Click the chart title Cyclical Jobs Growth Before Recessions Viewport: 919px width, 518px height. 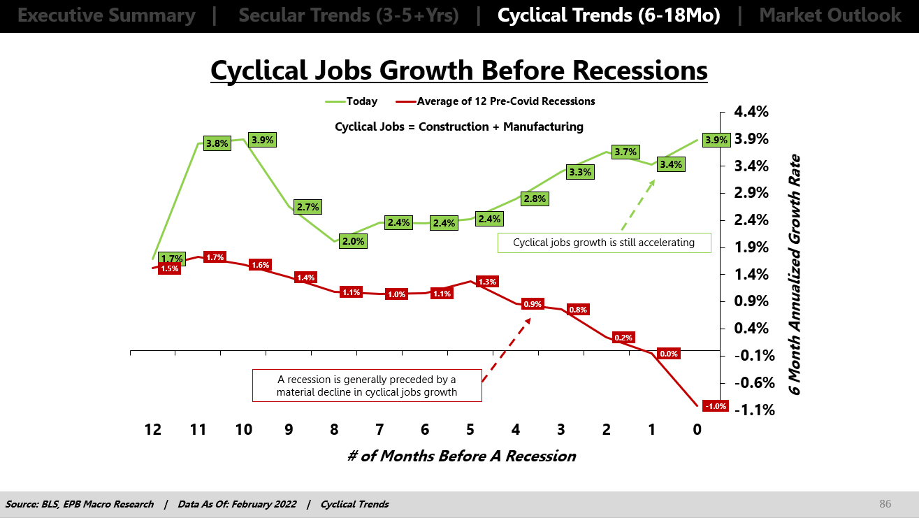(x=458, y=70)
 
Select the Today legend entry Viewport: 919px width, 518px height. (x=352, y=101)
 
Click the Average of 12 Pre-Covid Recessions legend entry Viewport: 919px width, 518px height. (x=495, y=101)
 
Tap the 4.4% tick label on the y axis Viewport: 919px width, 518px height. (x=751, y=112)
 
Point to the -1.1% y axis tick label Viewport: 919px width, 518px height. (x=754, y=410)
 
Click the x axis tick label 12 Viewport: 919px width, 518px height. (x=152, y=430)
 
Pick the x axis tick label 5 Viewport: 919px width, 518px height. (x=470, y=430)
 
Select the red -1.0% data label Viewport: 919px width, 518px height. (x=716, y=406)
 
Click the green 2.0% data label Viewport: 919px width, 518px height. (x=353, y=241)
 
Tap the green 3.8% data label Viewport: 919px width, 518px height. (x=217, y=144)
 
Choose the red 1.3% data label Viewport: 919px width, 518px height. (x=487, y=282)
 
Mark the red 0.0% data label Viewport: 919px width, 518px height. (x=669, y=354)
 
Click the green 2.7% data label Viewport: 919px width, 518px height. (x=307, y=207)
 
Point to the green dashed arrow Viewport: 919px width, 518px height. (x=638, y=205)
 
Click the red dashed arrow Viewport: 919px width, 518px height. (x=507, y=350)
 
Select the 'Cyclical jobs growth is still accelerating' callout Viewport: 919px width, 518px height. (x=605, y=243)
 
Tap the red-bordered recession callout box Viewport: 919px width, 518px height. (x=367, y=385)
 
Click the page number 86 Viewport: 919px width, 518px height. (x=885, y=503)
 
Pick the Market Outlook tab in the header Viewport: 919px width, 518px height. (x=830, y=15)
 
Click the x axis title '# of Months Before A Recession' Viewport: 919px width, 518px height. (x=461, y=456)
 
